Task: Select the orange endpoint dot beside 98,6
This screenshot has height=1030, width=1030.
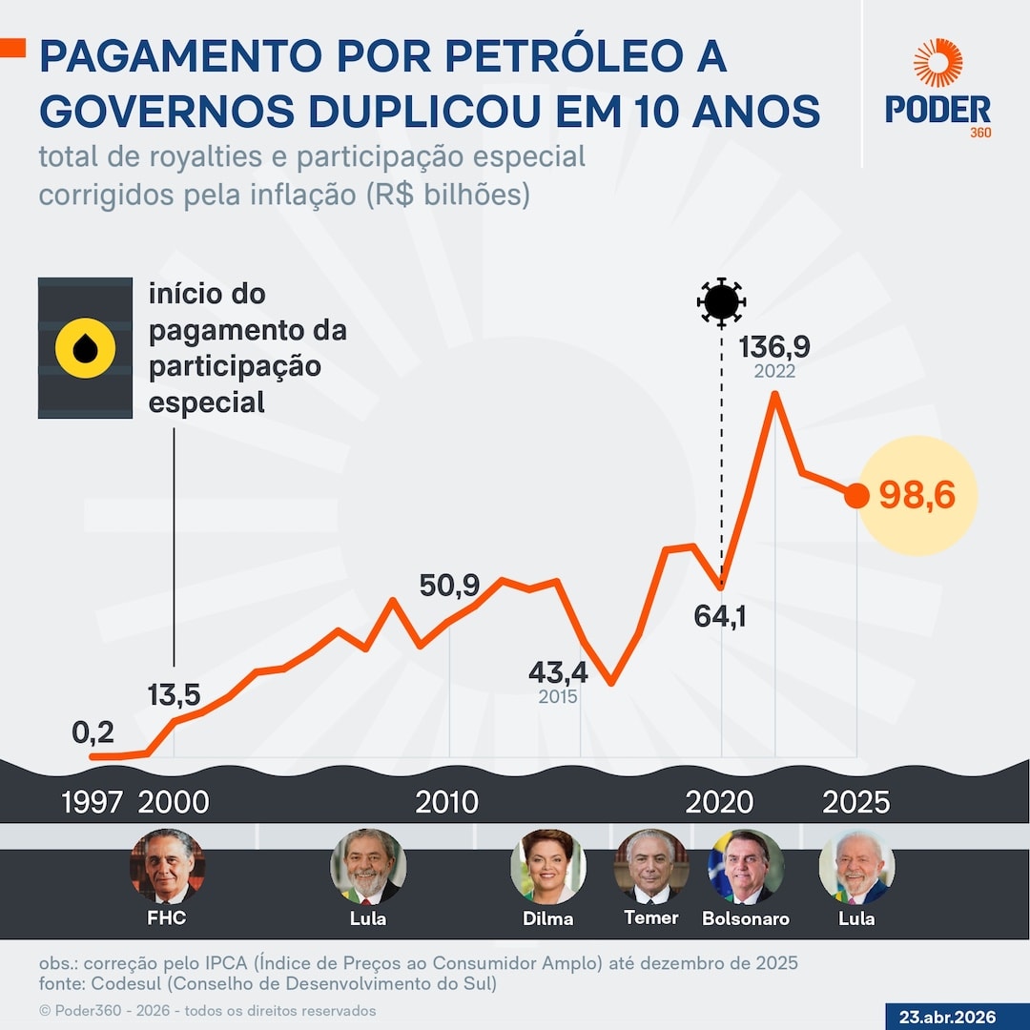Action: click(856, 496)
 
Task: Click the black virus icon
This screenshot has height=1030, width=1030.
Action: click(721, 301)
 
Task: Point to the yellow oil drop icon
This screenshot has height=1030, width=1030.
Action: click(85, 348)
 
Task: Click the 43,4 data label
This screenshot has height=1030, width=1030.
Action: click(558, 672)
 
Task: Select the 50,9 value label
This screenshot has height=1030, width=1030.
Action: click(449, 586)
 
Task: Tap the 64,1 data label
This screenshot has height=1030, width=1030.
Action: click(720, 616)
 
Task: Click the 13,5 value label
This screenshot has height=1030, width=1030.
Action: click(174, 695)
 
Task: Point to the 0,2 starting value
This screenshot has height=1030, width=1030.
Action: click(93, 732)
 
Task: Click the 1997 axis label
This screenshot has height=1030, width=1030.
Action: click(93, 802)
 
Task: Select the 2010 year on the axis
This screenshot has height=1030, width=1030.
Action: click(446, 802)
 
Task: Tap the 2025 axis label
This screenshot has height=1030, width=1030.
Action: click(855, 802)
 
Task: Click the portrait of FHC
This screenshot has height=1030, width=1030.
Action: click(167, 866)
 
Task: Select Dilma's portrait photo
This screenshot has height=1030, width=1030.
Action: click(547, 866)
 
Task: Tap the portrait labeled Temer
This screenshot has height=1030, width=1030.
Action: click(651, 866)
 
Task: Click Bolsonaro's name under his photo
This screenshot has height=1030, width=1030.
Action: click(746, 919)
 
